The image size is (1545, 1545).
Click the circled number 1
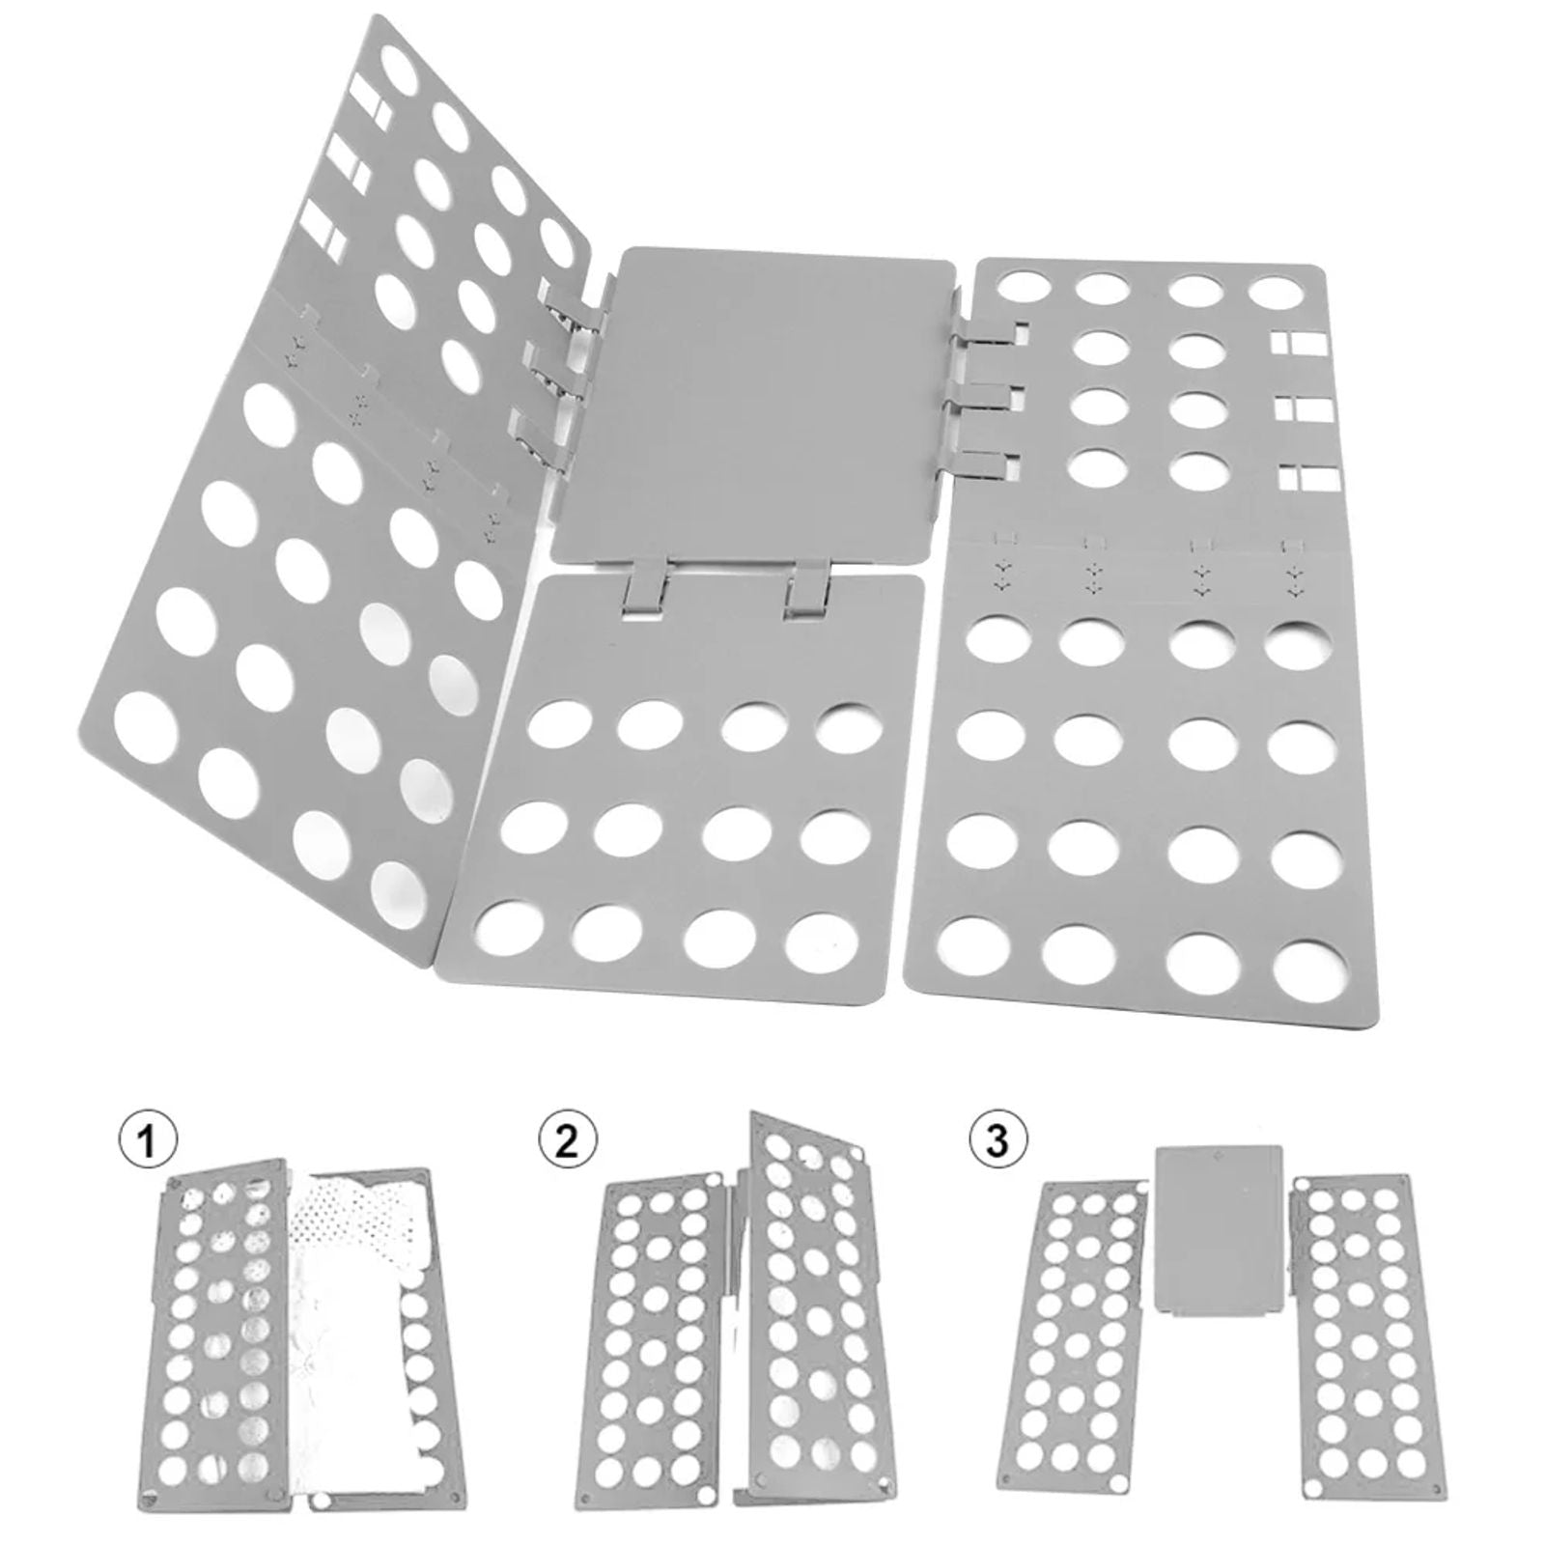(x=147, y=1141)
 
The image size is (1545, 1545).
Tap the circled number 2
(x=567, y=1141)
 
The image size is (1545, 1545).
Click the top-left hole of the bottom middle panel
(x=558, y=727)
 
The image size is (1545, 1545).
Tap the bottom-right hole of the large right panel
(x=1309, y=972)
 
